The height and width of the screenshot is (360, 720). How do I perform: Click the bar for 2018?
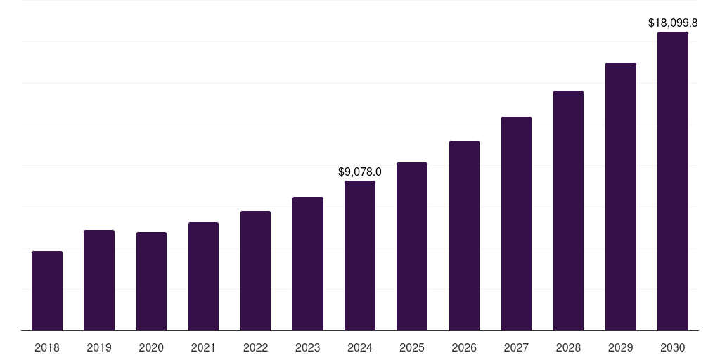(x=47, y=290)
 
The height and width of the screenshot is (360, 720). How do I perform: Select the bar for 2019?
(x=99, y=280)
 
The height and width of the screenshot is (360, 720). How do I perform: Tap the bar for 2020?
(x=151, y=281)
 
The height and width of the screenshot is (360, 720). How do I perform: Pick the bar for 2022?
(x=255, y=271)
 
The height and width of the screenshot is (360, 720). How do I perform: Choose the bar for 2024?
(x=360, y=255)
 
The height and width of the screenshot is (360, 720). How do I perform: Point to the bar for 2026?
(x=464, y=236)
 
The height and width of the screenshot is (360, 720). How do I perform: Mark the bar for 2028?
(x=568, y=210)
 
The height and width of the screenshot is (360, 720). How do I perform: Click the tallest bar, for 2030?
(x=673, y=181)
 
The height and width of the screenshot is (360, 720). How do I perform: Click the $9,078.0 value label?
(x=360, y=172)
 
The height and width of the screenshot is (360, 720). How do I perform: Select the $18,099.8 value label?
(x=673, y=22)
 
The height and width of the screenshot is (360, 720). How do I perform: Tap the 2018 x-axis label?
(x=47, y=347)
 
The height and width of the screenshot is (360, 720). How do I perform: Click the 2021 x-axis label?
(x=203, y=347)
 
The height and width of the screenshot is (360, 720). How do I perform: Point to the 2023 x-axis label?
(x=308, y=347)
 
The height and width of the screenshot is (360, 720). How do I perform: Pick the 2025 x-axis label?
(x=412, y=347)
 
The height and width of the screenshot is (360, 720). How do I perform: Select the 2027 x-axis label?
(x=516, y=347)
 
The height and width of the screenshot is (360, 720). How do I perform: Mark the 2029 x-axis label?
(x=621, y=347)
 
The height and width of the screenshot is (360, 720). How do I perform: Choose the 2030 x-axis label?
(x=673, y=347)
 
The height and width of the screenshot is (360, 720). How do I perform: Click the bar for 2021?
(x=203, y=276)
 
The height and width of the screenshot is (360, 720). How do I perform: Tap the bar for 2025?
(x=412, y=246)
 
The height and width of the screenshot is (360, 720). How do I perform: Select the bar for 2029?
(x=621, y=196)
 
